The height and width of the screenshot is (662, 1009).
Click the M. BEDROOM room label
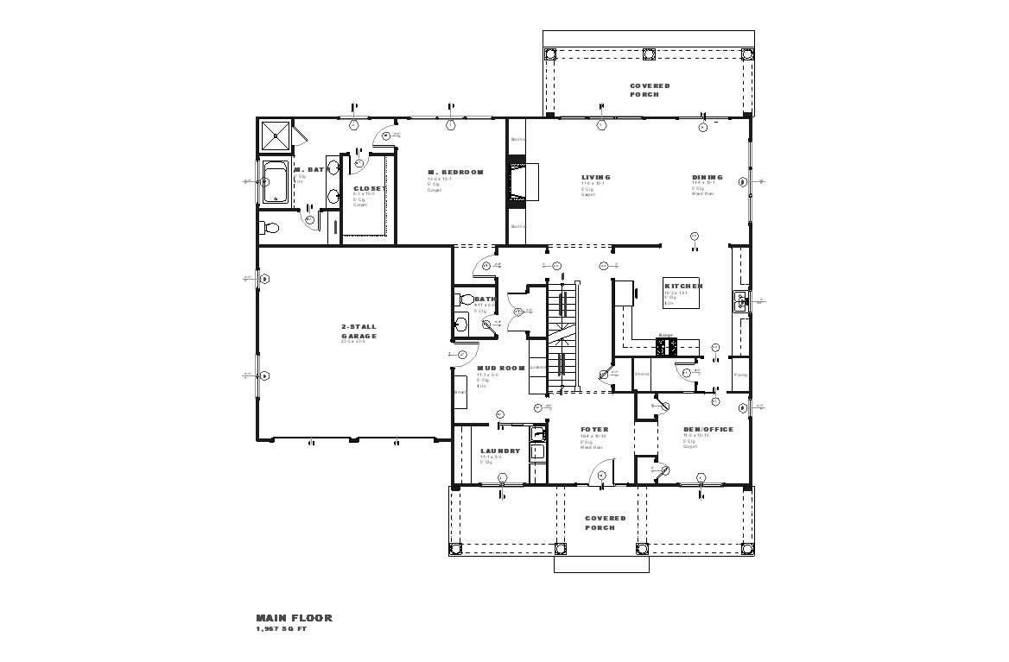456,173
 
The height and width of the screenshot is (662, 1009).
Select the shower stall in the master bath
277,136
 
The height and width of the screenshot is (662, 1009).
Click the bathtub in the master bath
276,182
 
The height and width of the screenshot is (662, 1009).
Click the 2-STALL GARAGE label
359,331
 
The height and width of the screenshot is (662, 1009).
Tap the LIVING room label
596,177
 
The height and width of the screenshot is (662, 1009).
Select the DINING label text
707,177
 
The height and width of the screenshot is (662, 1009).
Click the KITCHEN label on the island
682,286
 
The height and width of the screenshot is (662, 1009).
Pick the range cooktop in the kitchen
668,346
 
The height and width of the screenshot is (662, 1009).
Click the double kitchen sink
740,301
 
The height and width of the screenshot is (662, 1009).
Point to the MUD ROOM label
501,369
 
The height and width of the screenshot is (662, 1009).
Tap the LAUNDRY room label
500,451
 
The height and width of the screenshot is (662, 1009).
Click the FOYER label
594,429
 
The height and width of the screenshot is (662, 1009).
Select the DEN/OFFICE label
708,429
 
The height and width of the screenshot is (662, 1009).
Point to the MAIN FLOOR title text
294,618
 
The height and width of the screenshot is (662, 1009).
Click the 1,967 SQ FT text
281,629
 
